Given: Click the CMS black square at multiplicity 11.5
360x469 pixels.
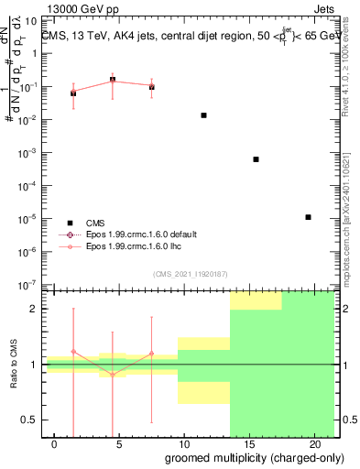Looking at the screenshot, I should pyautogui.click(x=203, y=115).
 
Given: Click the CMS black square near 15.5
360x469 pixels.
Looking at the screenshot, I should pyautogui.click(x=256, y=159).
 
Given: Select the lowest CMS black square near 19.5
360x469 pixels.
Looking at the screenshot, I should pyautogui.click(x=309, y=217).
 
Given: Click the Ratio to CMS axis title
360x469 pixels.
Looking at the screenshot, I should pyautogui.click(x=13, y=364).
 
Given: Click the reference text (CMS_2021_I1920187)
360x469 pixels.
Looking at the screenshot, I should pyautogui.click(x=191, y=273).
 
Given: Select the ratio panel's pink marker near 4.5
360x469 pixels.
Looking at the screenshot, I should pyautogui.click(x=113, y=374).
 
